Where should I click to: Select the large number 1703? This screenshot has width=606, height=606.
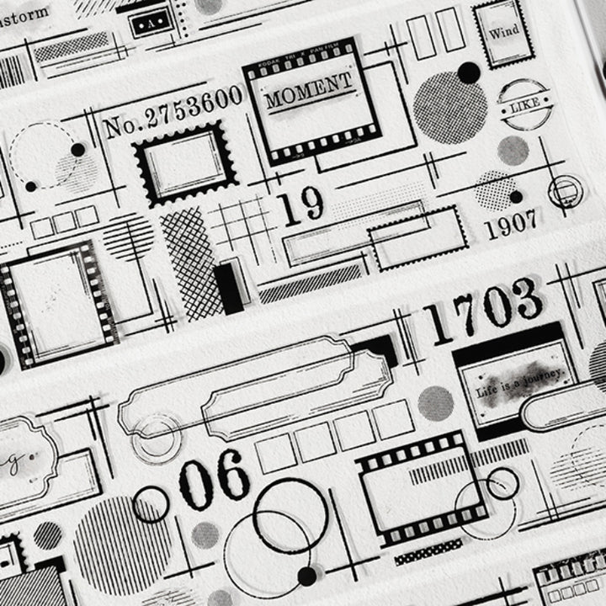point(482,304)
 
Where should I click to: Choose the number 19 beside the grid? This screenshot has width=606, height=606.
point(300,207)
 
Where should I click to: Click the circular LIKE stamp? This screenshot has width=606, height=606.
point(523,106)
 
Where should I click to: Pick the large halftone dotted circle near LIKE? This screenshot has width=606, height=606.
point(450,108)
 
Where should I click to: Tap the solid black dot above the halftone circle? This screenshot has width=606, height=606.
point(469,72)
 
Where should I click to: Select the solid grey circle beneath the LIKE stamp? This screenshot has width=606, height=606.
point(513,150)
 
